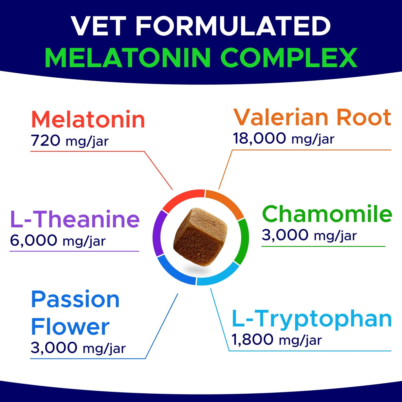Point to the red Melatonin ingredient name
[88, 120]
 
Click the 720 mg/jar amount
[70, 141]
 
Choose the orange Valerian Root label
[312, 117]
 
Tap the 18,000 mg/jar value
[283, 139]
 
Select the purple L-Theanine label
[75, 220]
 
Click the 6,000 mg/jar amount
[58, 241]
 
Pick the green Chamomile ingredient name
[327, 214]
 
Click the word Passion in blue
[75, 300]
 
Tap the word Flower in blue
[70, 327]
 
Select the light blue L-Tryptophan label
[312, 319]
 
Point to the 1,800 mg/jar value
[277, 340]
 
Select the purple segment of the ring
[158, 233]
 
